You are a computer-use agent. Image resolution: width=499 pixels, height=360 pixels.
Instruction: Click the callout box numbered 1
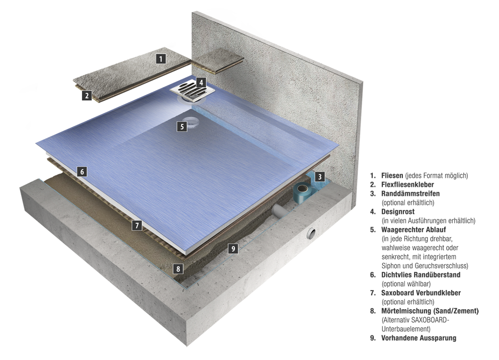(161, 58)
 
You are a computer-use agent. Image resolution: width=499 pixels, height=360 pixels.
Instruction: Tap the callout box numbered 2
(87, 95)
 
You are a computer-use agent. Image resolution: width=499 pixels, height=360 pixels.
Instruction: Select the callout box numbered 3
(320, 177)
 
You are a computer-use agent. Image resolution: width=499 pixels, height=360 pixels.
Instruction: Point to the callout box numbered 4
(201, 83)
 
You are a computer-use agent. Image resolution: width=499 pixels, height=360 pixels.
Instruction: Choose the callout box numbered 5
(182, 126)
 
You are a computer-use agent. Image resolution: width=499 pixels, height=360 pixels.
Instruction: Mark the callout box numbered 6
(82, 172)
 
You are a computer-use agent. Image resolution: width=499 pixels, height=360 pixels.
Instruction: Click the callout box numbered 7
(137, 225)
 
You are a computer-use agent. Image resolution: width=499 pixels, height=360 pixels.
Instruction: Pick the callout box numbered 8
(178, 269)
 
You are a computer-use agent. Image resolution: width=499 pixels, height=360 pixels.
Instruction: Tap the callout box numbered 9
(233, 249)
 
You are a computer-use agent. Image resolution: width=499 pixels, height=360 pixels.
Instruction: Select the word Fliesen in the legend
(392, 176)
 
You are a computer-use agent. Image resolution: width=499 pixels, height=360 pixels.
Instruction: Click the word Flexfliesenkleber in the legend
(407, 184)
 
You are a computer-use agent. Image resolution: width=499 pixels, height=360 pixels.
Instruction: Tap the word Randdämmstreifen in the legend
(410, 193)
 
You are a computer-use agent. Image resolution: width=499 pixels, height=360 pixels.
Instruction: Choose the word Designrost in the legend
(398, 211)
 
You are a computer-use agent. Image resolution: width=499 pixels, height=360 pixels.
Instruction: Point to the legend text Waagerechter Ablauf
(413, 230)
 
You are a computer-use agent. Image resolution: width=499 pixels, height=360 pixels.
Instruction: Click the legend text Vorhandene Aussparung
(419, 338)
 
